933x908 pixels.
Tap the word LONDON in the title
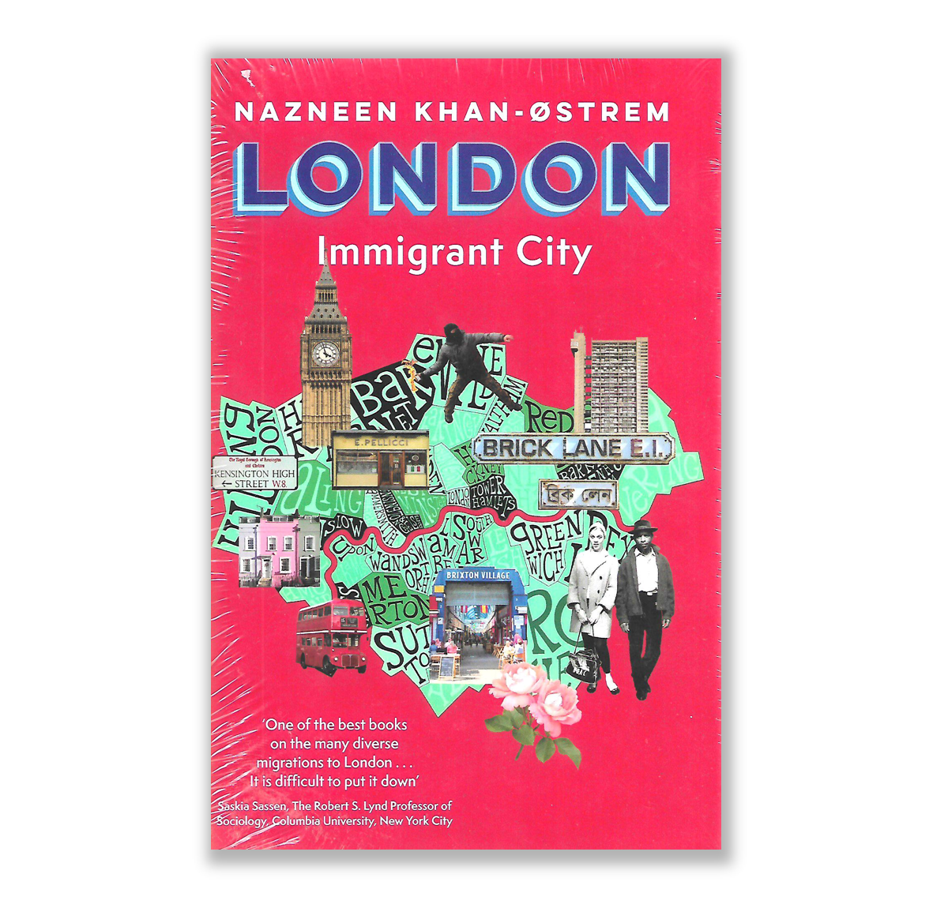(x=452, y=178)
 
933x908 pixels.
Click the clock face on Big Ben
(x=325, y=353)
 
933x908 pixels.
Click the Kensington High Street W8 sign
(x=254, y=473)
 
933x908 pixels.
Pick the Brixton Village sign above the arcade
(x=477, y=576)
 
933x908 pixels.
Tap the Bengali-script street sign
(x=577, y=494)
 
